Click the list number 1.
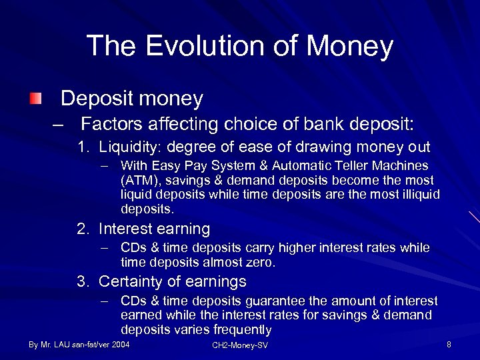pos(83,147)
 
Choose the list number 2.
pos(83,229)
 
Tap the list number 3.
pos(83,281)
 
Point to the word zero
pos(261,263)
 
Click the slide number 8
pos(449,345)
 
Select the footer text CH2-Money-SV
pos(240,345)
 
